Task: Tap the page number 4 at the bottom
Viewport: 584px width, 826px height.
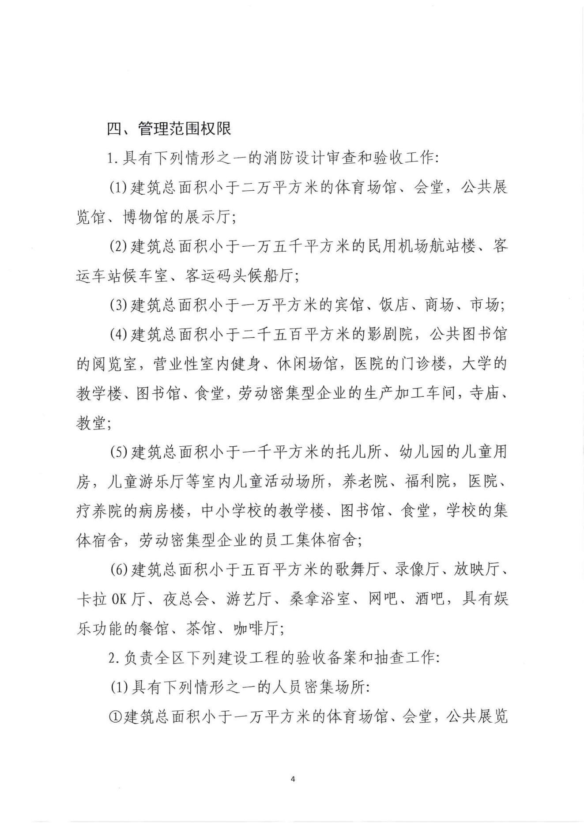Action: tap(293, 778)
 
